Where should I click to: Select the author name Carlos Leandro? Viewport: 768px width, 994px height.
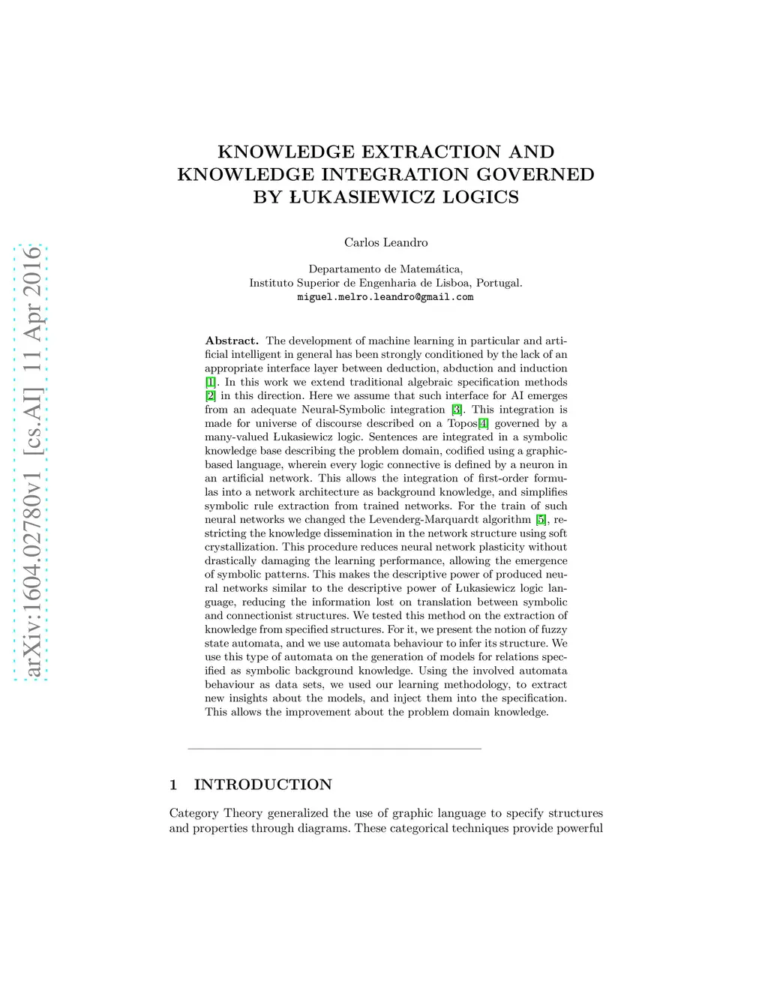[x=385, y=242]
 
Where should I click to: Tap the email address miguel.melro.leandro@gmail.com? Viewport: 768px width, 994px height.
[x=385, y=297]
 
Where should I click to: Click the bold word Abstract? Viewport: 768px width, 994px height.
[x=232, y=341]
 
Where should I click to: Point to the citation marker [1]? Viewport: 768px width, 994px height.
[x=211, y=382]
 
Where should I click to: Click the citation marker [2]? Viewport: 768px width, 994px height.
[x=211, y=396]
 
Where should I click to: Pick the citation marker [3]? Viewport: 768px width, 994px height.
[x=456, y=410]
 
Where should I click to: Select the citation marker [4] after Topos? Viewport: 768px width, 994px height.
[x=483, y=423]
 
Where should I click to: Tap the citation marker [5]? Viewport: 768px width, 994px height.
[x=541, y=520]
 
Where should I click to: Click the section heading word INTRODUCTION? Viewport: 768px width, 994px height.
[x=262, y=785]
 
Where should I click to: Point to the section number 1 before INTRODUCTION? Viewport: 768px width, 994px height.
[x=173, y=785]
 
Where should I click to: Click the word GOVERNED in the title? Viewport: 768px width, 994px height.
[x=541, y=175]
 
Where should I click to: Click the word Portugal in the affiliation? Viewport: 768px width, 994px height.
[x=498, y=283]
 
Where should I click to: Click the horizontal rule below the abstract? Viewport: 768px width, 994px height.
[x=334, y=749]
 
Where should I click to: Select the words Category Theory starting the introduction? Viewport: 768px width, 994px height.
[x=216, y=813]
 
